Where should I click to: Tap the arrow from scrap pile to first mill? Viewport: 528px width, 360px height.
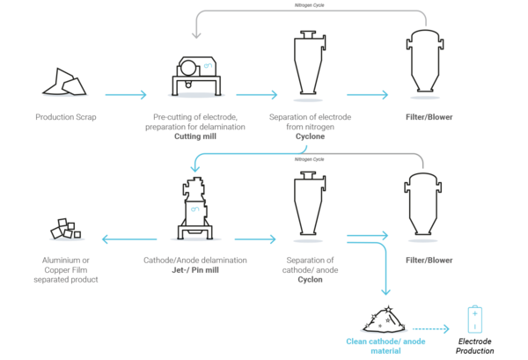pos(125,93)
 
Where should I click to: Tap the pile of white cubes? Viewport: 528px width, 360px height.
pos(66,230)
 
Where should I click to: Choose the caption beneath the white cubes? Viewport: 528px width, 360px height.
pos(66,268)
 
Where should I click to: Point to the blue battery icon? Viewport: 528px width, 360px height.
pos(474,320)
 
